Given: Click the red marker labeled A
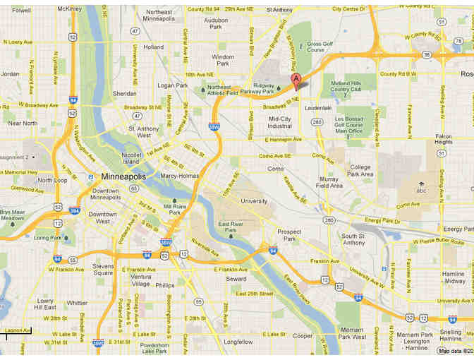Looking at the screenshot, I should (x=296, y=80).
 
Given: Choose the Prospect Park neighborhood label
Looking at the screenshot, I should (x=289, y=235).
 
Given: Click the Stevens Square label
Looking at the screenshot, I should (x=103, y=270).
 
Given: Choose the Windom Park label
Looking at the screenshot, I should (x=223, y=60).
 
